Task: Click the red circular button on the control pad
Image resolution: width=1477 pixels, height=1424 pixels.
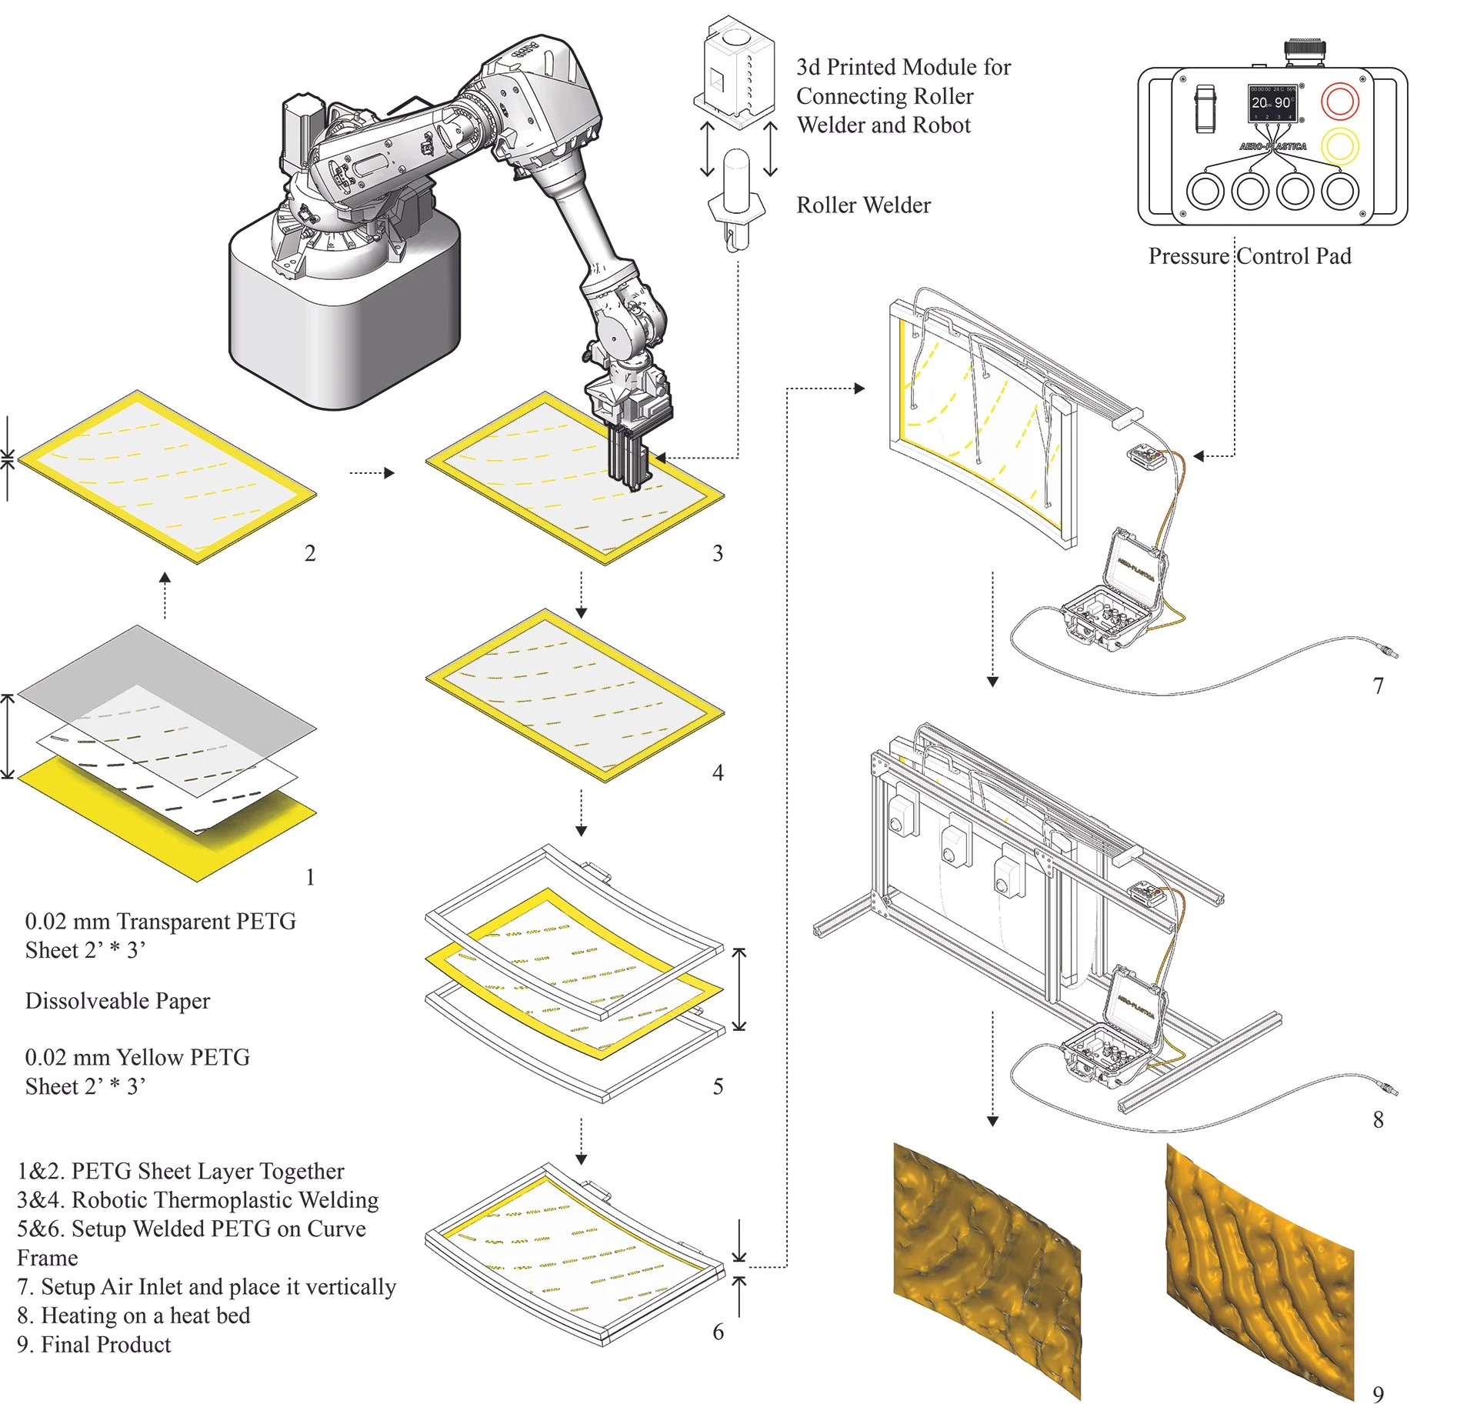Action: (1339, 101)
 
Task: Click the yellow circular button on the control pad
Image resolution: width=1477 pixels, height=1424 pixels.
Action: (1339, 146)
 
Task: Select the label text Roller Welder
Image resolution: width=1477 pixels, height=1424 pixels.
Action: (863, 205)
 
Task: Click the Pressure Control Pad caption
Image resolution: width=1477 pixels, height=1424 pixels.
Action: (1249, 256)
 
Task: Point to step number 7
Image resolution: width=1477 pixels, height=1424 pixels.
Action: (1378, 685)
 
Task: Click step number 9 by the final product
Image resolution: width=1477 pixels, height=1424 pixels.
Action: (1378, 1394)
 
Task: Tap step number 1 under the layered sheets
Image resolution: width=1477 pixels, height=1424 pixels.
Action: (310, 877)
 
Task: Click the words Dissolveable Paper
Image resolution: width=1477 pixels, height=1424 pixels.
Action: (118, 1001)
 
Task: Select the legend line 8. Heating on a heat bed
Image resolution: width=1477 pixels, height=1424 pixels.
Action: (134, 1316)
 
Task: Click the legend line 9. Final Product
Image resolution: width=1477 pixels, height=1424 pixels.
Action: (94, 1345)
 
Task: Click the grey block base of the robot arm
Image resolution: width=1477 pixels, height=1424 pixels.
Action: (338, 323)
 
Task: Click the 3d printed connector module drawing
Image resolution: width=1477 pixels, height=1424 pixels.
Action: (735, 73)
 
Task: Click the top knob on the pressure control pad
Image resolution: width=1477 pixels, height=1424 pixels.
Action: (1304, 50)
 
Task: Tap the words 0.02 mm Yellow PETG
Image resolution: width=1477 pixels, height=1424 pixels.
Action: (137, 1058)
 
